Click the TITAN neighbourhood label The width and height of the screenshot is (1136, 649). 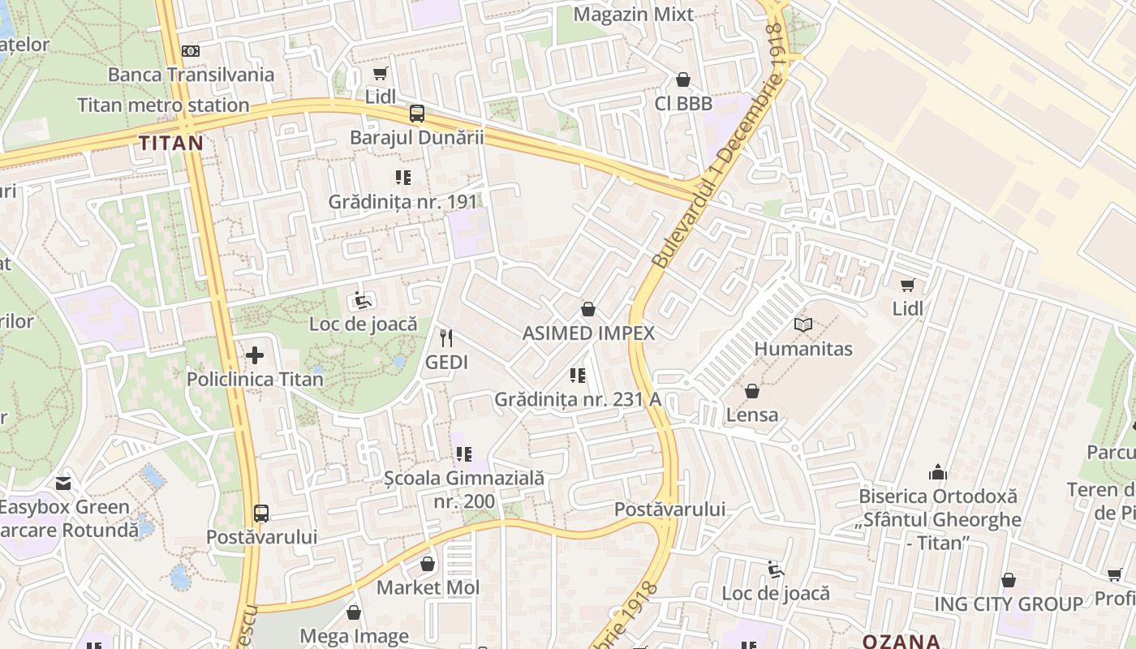(170, 144)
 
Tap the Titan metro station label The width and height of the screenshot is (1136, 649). (163, 105)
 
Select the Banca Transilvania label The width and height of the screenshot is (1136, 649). (191, 75)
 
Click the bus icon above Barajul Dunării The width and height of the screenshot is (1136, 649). (417, 114)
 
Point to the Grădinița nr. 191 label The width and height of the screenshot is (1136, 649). (403, 201)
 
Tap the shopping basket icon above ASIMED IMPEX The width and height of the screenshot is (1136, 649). (588, 309)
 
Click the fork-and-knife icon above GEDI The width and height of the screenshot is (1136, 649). (446, 337)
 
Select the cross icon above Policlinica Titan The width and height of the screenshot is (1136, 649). (255, 355)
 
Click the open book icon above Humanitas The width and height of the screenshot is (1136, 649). (803, 324)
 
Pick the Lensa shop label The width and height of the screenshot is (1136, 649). (752, 415)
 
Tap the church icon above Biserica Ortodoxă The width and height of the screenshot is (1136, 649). (938, 471)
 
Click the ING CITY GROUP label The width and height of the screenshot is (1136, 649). (1009, 604)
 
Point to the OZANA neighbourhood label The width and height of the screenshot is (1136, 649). (901, 641)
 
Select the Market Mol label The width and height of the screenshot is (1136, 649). (428, 587)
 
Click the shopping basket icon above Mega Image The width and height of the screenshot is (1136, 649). (353, 612)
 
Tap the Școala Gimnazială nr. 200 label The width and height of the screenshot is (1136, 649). (464, 490)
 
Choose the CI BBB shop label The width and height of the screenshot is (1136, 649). (683, 104)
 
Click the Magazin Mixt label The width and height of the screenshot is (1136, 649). (634, 15)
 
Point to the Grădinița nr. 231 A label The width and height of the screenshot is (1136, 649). (578, 399)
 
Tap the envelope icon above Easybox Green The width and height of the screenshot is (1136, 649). (63, 484)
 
